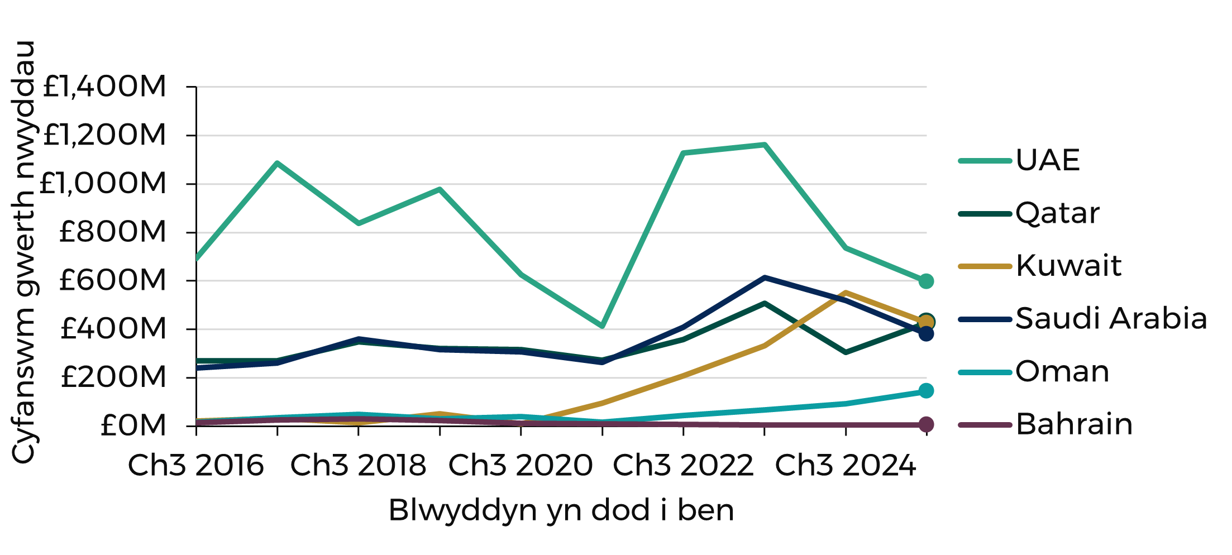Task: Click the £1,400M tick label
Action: [x=104, y=87]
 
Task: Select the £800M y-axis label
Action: [x=112, y=232]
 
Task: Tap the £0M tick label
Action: [x=133, y=425]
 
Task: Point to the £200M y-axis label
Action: [x=113, y=377]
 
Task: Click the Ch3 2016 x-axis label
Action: [x=196, y=465]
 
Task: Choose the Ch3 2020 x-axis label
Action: [x=521, y=465]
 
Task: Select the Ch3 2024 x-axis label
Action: [x=846, y=465]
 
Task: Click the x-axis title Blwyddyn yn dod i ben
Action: [x=561, y=510]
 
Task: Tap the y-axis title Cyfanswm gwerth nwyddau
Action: [x=23, y=251]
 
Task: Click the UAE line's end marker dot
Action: [x=926, y=281]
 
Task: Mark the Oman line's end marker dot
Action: [x=926, y=391]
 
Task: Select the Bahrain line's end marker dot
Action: [x=926, y=424]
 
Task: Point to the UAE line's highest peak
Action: [x=764, y=145]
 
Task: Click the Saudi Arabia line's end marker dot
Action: [x=926, y=333]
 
